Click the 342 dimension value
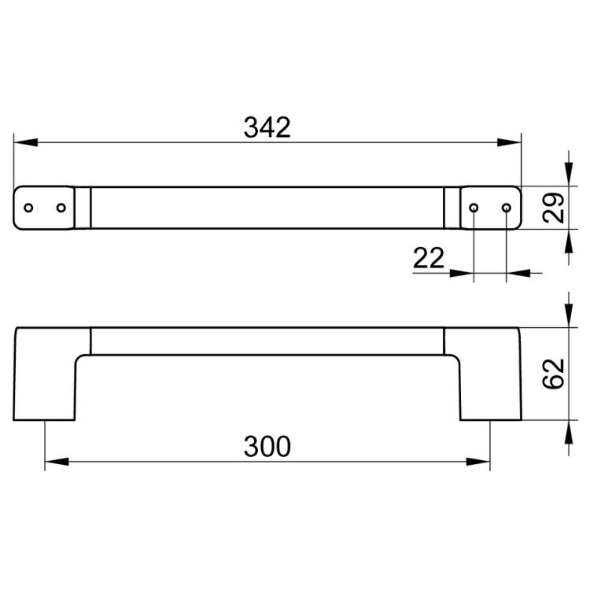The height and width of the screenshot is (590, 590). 267,127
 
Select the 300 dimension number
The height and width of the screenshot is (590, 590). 267,447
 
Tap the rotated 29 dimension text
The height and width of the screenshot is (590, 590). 553,208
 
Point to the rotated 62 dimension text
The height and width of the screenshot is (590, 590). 553,374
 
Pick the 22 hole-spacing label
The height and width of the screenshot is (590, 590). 429,258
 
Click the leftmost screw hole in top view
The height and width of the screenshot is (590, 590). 28,208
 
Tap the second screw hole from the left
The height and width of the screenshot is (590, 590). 61,208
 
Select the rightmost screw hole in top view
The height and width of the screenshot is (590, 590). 507,208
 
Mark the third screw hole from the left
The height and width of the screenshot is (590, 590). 474,208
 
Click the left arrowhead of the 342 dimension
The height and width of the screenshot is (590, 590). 26,142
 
